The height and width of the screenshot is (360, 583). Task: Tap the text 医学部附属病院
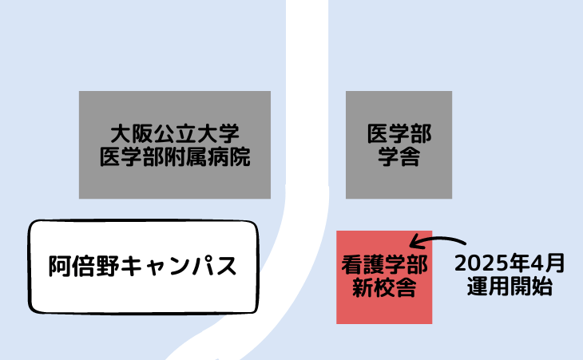point(174,157)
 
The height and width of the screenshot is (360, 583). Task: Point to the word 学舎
point(399,157)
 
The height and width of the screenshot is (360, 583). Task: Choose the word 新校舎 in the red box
point(384,287)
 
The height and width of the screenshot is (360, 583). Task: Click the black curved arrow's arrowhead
point(414,241)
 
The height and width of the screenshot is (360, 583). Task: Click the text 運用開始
point(510,287)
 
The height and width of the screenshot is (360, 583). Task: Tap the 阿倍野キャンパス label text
point(142,265)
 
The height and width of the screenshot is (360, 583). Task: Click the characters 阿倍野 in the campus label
point(81,265)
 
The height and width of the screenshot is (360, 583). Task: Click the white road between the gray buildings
point(307,144)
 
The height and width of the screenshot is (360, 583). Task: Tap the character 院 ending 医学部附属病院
point(240,157)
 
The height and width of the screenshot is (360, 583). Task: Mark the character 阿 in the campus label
point(58,265)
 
